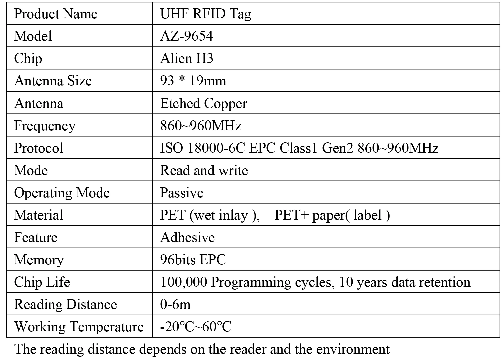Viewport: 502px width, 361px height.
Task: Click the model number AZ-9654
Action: pos(186,36)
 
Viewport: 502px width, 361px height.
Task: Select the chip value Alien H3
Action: pos(186,58)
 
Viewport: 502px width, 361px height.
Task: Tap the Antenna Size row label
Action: pos(53,81)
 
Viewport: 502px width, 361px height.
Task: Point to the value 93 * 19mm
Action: pos(193,81)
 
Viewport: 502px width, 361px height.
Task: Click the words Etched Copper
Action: pos(203,103)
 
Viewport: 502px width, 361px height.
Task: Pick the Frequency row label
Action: pos(45,126)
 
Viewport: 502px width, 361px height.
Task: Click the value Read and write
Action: pos(204,170)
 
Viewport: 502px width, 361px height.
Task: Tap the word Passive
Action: pos(181,193)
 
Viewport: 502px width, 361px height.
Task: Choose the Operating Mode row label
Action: pos(62,193)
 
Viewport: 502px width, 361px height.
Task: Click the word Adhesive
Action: pos(187,237)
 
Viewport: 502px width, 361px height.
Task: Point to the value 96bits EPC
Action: pos(193,260)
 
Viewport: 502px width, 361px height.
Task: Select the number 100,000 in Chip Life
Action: pos(183,282)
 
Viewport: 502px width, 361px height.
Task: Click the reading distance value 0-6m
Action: pos(175,304)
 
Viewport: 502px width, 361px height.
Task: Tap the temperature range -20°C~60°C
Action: pos(196,327)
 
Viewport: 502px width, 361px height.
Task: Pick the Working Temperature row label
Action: pos(79,327)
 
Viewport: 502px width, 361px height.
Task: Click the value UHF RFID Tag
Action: pos(205,14)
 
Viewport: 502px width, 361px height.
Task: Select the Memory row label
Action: pos(39,260)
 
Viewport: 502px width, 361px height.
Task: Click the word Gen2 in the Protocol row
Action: pos(337,148)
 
